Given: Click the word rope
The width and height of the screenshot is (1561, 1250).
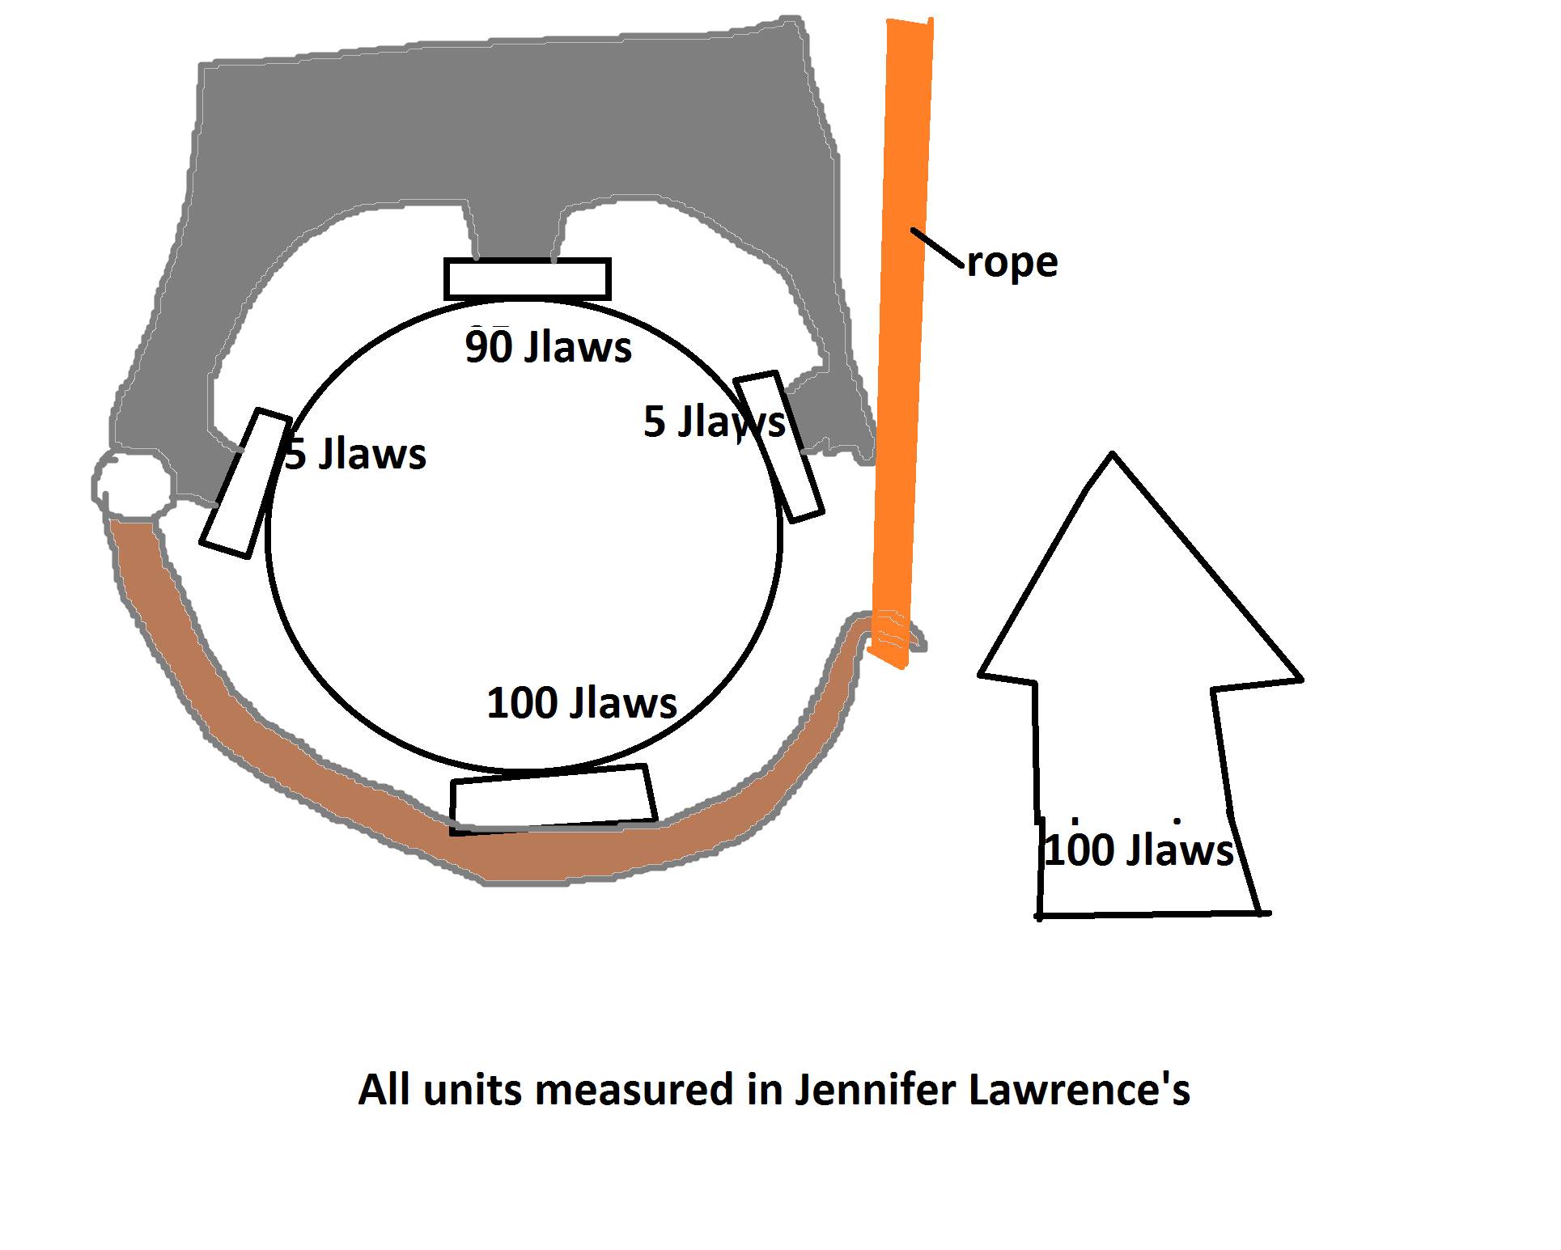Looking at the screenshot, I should [1012, 262].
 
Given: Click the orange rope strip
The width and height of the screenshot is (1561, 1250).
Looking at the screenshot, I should [902, 324].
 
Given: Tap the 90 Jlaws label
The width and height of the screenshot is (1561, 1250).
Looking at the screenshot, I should [548, 347].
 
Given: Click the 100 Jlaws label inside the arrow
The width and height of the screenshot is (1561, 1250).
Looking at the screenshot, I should [1139, 850].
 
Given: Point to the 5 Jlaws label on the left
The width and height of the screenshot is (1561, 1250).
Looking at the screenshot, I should [356, 454].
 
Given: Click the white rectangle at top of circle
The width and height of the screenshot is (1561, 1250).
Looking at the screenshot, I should [527, 279].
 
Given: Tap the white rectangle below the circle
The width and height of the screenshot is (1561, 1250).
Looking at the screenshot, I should [553, 799].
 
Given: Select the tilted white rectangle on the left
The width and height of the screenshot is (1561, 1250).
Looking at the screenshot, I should [245, 484].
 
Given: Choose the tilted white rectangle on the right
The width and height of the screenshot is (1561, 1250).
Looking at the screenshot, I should [778, 446].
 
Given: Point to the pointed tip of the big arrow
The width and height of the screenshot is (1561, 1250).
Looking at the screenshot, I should [1113, 458].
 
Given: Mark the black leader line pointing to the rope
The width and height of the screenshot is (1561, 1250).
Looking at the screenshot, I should [938, 248].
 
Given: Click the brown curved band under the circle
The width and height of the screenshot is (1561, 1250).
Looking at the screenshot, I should [324, 777].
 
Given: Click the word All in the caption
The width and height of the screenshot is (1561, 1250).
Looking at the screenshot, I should [385, 1090].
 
